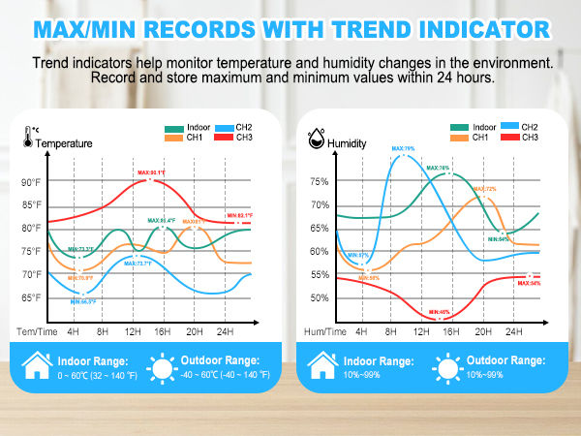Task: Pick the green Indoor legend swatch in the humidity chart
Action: pyautogui.click(x=459, y=127)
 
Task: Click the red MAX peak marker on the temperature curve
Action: pyautogui.click(x=148, y=180)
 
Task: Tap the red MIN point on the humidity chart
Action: pyautogui.click(x=440, y=318)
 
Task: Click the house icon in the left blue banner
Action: pyautogui.click(x=40, y=368)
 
